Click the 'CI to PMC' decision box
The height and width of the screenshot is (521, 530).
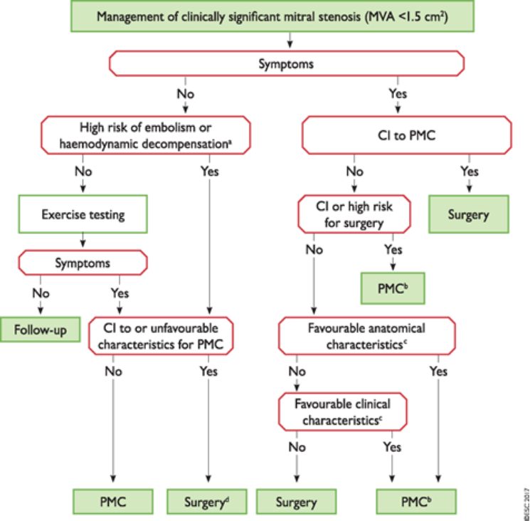coord(408,135)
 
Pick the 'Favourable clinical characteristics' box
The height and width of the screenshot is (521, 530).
coord(343,411)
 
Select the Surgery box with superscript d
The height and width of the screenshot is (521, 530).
coord(207,502)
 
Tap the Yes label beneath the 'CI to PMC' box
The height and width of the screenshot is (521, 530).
coord(470,172)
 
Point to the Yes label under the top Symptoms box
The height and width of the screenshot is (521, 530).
coord(398,93)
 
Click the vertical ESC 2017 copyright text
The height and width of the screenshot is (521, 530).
coord(525,498)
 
